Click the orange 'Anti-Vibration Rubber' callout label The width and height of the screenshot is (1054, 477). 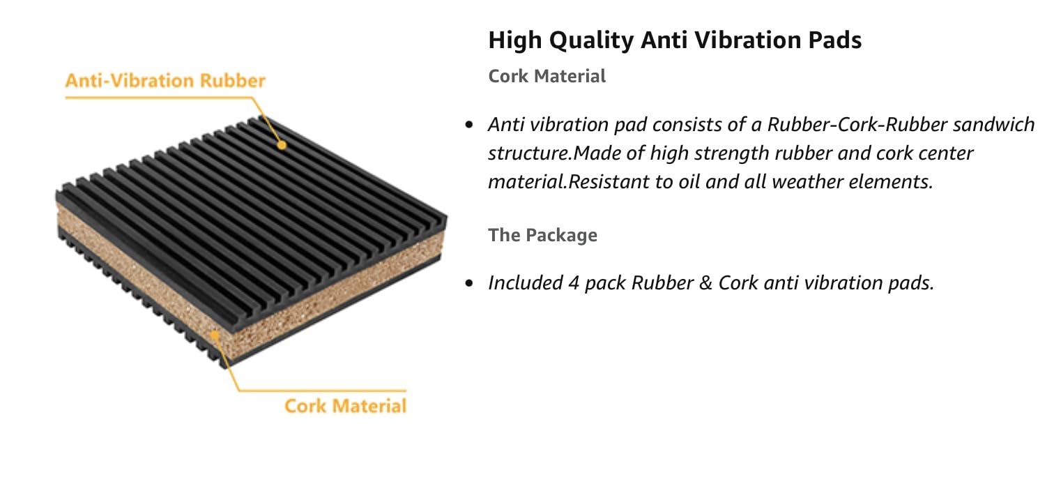coord(165,81)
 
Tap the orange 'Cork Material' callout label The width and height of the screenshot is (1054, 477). coord(345,406)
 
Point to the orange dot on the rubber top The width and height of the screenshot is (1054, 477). coord(282,145)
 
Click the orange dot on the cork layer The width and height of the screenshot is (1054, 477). coord(215,335)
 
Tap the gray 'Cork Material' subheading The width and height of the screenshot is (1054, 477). coord(547,76)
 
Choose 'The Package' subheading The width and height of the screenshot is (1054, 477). coord(542,235)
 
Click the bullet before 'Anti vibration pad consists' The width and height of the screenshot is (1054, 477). coord(469,126)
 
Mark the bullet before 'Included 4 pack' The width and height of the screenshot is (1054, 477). coord(469,283)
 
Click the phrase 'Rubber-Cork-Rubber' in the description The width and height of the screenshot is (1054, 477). coord(857,125)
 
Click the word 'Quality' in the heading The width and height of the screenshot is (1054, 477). coord(591,40)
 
